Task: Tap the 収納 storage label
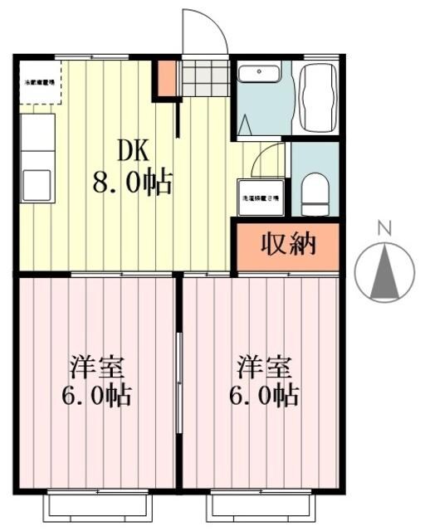click(x=288, y=246)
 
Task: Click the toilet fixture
click(x=315, y=193)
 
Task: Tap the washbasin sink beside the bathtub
click(x=259, y=74)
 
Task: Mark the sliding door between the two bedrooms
click(x=178, y=382)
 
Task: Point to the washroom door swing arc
click(x=271, y=158)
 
